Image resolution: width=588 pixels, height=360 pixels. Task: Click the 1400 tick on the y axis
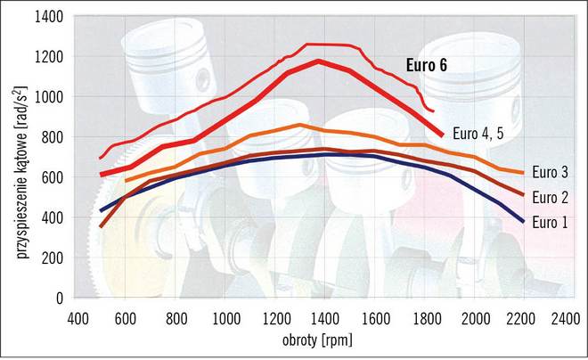[48, 17]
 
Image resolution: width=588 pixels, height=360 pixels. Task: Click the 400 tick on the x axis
[78, 318]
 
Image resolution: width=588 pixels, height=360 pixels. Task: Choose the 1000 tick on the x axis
[225, 318]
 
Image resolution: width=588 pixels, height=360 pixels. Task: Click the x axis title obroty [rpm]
[320, 341]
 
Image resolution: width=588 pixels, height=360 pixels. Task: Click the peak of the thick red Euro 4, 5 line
[318, 61]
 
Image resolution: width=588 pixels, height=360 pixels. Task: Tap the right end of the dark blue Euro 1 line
[522, 221]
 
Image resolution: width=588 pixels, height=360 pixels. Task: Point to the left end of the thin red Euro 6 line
[100, 158]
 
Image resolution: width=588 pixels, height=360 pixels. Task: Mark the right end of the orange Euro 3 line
[522, 172]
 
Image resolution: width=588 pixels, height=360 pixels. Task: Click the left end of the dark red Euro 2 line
[100, 226]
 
